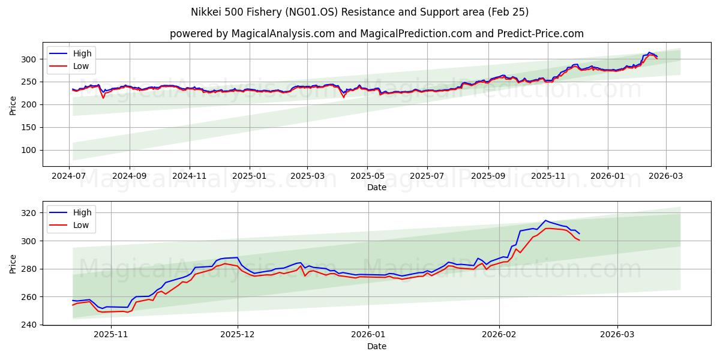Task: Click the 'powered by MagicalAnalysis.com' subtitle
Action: (376, 34)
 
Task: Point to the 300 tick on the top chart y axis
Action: (31, 59)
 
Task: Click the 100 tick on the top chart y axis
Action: (31, 150)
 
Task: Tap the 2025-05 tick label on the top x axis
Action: (367, 176)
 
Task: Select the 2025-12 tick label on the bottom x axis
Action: (238, 334)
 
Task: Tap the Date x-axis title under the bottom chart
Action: (376, 346)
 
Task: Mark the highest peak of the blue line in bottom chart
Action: (545, 220)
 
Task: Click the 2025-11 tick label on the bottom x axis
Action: (111, 334)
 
